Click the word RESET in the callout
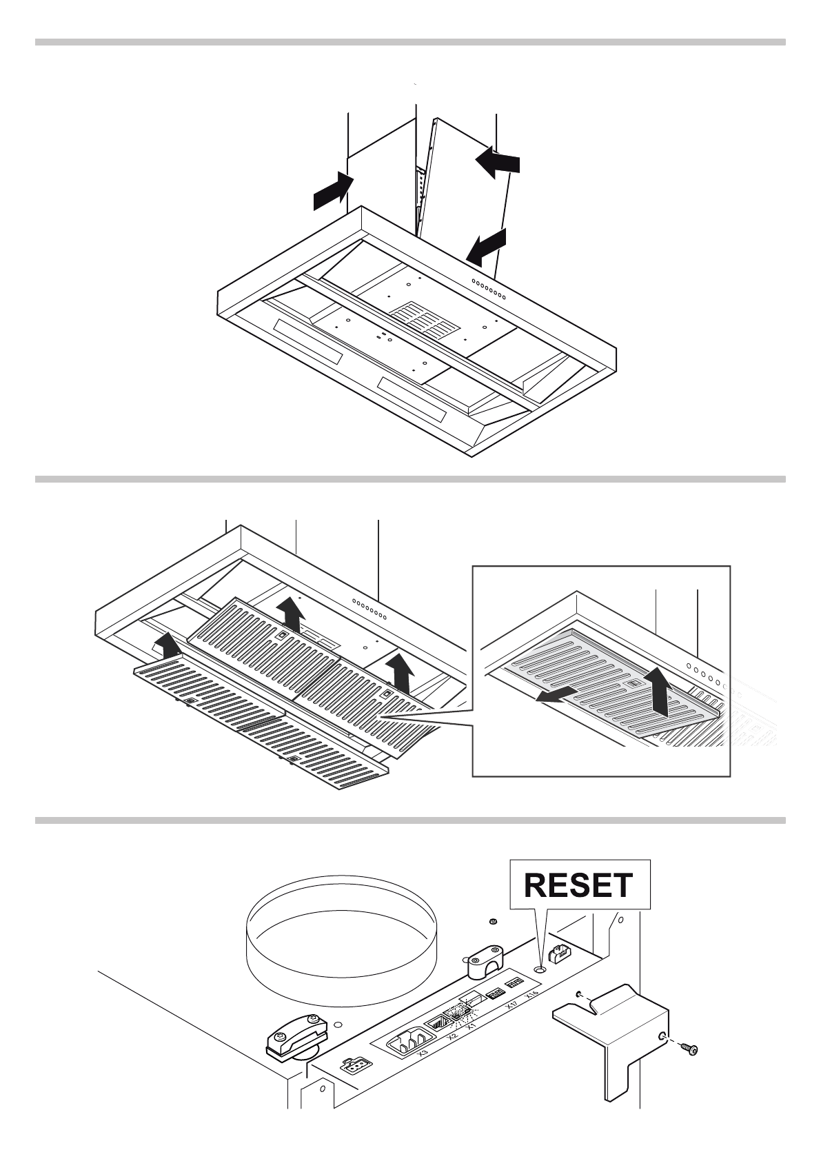(578, 886)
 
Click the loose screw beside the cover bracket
(688, 1067)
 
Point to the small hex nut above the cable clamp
(492, 922)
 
